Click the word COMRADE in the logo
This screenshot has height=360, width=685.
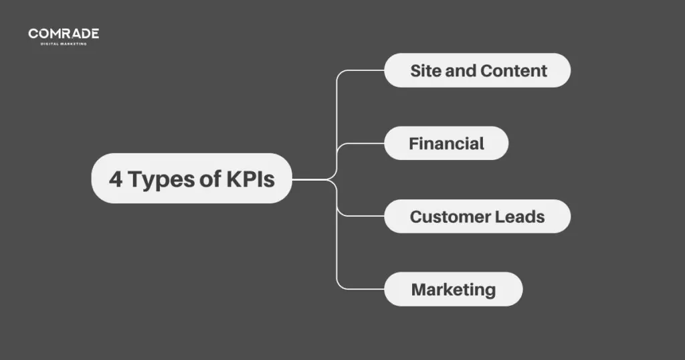point(64,33)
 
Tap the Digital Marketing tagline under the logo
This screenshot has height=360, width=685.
point(64,43)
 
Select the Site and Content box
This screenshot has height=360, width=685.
point(477,70)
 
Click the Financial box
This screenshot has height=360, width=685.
point(446,143)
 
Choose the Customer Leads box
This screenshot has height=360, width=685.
point(477,216)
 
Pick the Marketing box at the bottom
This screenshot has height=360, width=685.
point(453,289)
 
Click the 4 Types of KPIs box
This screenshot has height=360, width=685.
point(191,179)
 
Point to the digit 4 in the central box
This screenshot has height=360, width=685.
point(116,179)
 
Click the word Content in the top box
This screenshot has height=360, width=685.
point(514,70)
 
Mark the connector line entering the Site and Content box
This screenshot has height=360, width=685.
point(365,70)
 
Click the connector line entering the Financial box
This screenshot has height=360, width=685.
point(365,143)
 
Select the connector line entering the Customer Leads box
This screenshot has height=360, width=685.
point(365,216)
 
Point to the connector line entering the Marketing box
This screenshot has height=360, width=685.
point(365,289)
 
